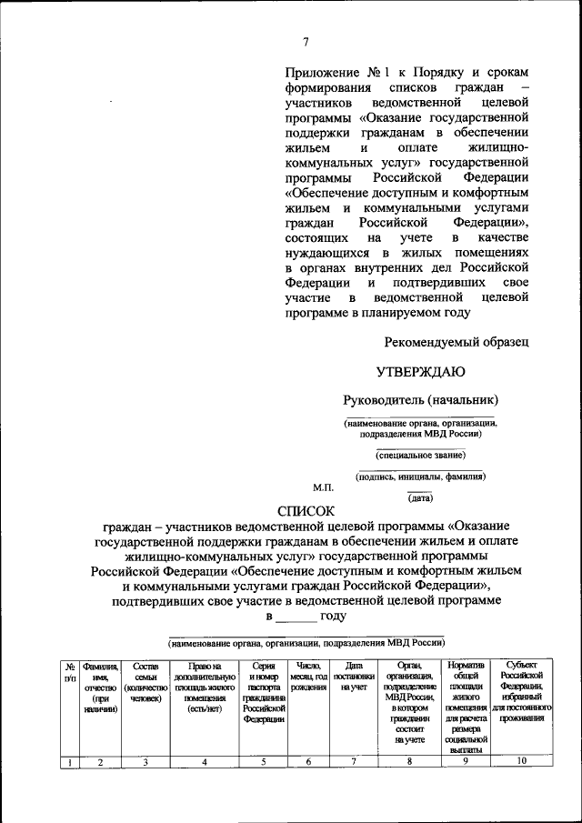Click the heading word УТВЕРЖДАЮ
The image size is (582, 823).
[x=420, y=371]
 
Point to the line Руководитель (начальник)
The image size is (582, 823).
[x=420, y=400]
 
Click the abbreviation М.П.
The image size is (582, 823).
[x=324, y=489]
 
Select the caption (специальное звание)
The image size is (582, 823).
[x=420, y=455]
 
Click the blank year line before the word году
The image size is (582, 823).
[x=296, y=617]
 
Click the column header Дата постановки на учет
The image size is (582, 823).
[x=347, y=677]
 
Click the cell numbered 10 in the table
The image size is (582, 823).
[x=522, y=762]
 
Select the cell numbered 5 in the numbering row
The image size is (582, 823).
[x=264, y=762]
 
